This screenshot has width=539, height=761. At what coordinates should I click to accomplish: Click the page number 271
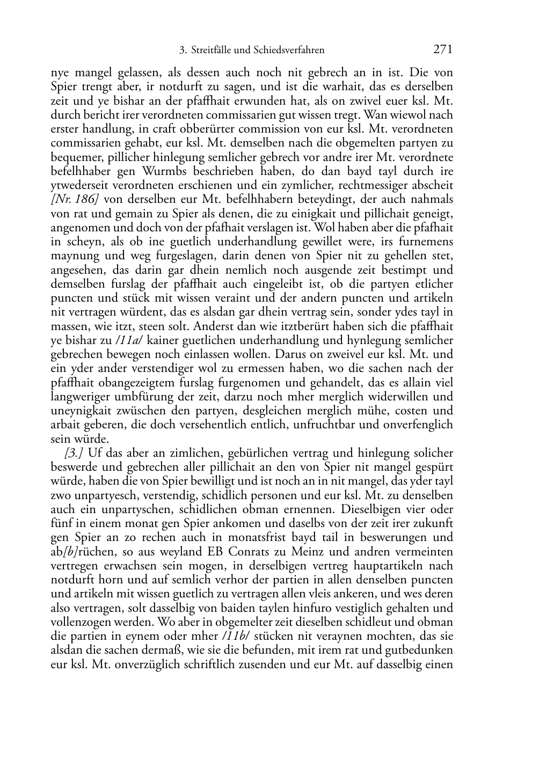coord(442,50)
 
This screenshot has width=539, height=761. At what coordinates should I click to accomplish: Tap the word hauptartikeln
coord(392,566)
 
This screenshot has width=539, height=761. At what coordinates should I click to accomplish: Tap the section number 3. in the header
coord(182,51)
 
